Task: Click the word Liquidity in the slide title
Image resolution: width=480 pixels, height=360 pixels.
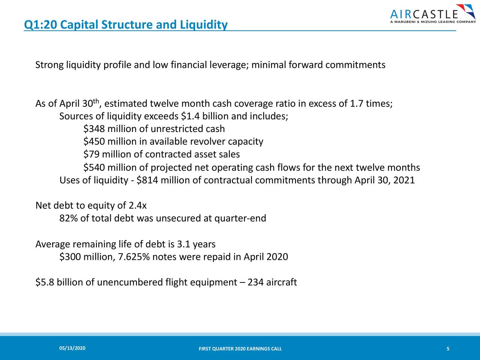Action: (204, 25)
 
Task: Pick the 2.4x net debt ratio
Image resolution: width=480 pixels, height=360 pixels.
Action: (137, 206)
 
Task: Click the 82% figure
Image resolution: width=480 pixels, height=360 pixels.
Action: (68, 218)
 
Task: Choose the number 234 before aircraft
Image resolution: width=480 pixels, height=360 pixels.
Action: (255, 282)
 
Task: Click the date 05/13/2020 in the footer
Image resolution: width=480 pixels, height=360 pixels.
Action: (72, 349)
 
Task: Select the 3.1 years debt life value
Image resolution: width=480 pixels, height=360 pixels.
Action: (196, 244)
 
